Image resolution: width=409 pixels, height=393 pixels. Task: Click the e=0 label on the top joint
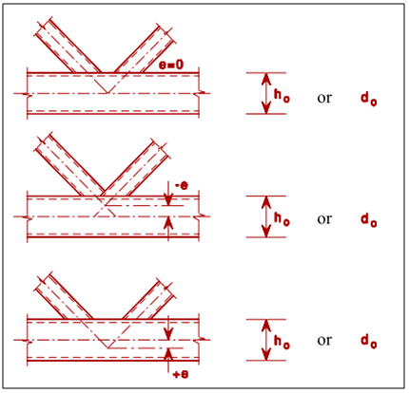(x=171, y=65)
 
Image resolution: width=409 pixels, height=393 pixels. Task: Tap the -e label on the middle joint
(x=181, y=185)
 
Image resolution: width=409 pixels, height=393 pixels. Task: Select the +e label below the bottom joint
(x=181, y=374)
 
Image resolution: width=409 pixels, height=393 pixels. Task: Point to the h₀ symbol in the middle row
(x=282, y=218)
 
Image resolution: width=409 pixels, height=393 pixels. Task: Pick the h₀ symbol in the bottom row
(x=282, y=341)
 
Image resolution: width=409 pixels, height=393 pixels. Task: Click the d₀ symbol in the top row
(x=369, y=98)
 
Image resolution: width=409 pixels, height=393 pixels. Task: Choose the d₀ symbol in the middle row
(x=369, y=219)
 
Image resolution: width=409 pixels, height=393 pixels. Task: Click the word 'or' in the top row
(x=324, y=99)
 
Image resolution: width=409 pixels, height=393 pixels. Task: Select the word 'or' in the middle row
(x=324, y=219)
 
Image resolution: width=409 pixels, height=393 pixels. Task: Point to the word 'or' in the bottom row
(x=324, y=341)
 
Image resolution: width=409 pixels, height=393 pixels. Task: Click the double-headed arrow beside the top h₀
(x=266, y=93)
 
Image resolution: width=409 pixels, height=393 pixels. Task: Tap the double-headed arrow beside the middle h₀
(x=266, y=216)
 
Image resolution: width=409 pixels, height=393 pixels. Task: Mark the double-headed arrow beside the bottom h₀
(x=266, y=340)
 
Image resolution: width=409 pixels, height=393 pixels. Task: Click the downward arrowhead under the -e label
(x=168, y=200)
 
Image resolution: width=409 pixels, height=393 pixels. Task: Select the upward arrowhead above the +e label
(x=168, y=354)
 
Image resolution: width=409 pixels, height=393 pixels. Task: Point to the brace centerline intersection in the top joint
(x=108, y=93)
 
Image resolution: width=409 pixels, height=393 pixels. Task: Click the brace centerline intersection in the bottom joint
(x=108, y=348)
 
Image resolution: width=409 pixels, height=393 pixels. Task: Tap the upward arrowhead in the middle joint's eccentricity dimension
(x=168, y=222)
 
